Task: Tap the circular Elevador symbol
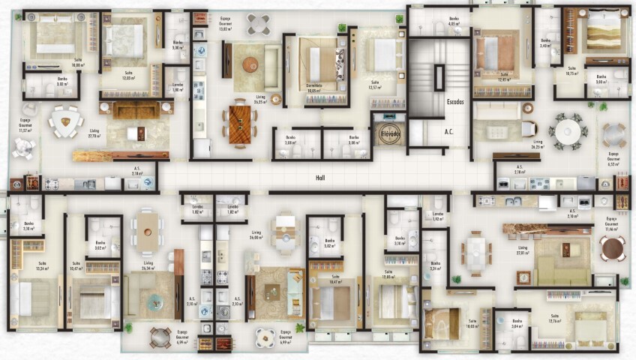tap(390, 132)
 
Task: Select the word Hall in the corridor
tap(319, 178)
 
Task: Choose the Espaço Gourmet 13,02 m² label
tap(225, 22)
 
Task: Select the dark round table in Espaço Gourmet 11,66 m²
tap(611, 248)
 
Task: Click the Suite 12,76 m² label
tap(555, 318)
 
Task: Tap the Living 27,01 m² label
tap(523, 250)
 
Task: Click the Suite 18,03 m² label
tap(472, 327)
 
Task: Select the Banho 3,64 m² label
tap(517, 323)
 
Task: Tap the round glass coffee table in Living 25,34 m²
tap(154, 301)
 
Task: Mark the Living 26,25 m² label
tap(538, 143)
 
